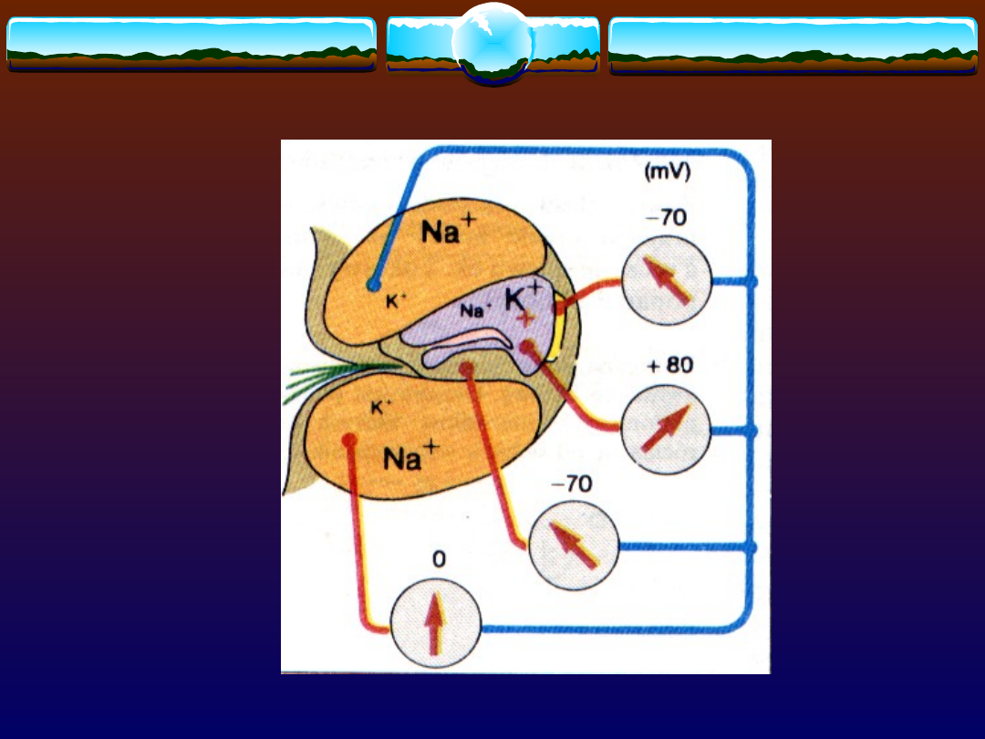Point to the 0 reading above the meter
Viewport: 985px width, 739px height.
(x=439, y=559)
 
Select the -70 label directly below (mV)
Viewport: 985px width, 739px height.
(x=667, y=219)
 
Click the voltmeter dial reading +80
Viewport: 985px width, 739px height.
(x=666, y=431)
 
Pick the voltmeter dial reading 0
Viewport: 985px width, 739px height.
(x=434, y=622)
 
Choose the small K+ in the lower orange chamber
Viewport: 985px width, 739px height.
(x=381, y=408)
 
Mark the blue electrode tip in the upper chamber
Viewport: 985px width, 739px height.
(x=372, y=285)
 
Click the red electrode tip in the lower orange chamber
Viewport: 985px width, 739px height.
(x=347, y=440)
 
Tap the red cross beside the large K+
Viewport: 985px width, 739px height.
(x=526, y=318)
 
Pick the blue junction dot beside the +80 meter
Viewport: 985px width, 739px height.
(x=752, y=431)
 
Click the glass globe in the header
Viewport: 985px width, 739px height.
(x=492, y=42)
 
